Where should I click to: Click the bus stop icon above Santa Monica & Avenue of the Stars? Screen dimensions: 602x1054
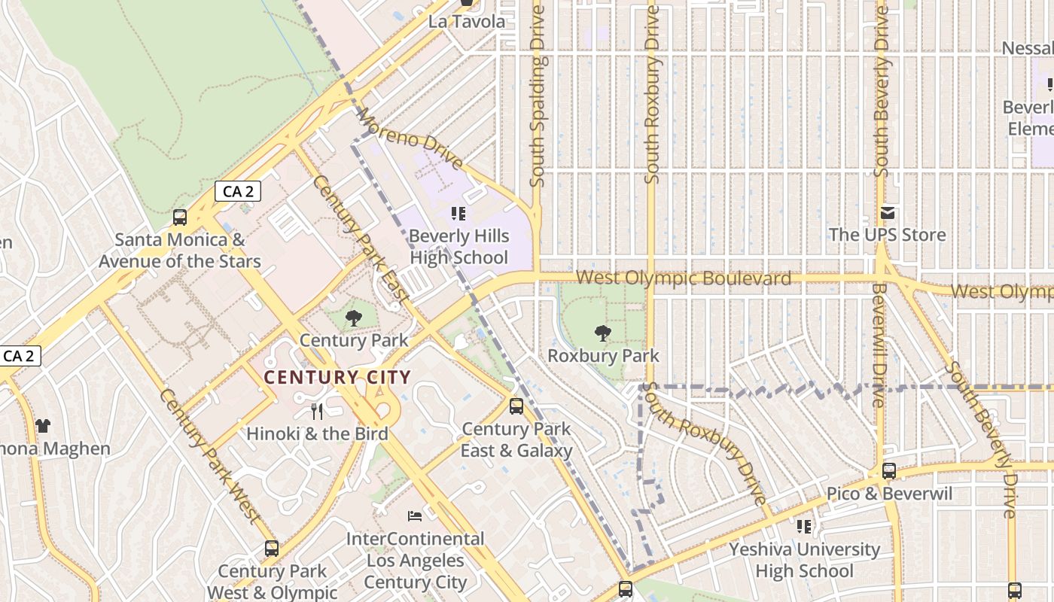(x=180, y=217)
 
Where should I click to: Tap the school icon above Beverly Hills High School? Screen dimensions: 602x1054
(x=458, y=214)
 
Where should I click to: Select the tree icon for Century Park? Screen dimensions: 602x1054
(x=353, y=318)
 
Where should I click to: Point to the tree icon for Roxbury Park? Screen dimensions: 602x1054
(x=602, y=333)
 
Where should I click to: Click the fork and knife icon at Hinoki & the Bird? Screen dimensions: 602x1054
(x=317, y=412)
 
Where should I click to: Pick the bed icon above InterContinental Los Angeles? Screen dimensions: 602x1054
(x=415, y=516)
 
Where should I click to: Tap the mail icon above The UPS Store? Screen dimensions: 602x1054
(x=888, y=213)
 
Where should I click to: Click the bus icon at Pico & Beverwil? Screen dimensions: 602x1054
(x=889, y=471)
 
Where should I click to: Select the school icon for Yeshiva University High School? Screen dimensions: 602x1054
(x=804, y=526)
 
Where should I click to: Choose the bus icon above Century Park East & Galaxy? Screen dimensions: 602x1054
(x=516, y=406)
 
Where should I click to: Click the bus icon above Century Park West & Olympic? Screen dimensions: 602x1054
(x=272, y=549)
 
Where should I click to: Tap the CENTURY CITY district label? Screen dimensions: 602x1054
(x=338, y=378)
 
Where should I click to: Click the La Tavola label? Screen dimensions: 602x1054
(x=467, y=21)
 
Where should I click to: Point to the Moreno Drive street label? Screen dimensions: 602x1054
(x=410, y=138)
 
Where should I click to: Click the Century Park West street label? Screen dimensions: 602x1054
(x=209, y=456)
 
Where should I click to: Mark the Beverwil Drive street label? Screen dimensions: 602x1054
(x=879, y=345)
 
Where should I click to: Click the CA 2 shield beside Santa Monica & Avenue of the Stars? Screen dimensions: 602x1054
(x=238, y=192)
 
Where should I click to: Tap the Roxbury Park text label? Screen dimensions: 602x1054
(x=603, y=355)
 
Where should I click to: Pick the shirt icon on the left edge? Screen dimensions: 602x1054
(x=43, y=426)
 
